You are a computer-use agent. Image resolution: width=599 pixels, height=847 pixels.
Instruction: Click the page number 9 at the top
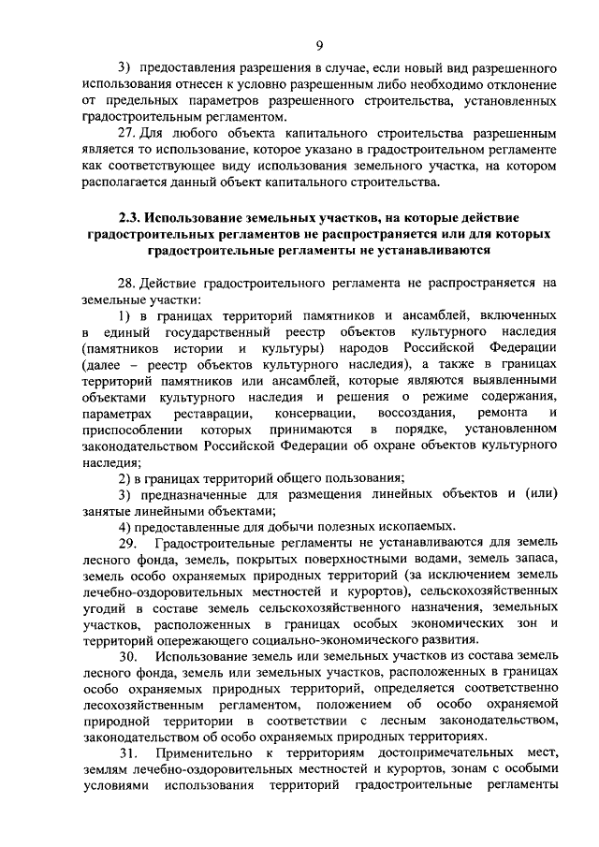(x=319, y=45)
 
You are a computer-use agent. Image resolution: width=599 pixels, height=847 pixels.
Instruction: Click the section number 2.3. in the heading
(x=132, y=217)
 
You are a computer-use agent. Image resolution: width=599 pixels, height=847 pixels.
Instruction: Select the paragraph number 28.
(x=126, y=282)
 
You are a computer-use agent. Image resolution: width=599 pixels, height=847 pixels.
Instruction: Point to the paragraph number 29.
(x=128, y=543)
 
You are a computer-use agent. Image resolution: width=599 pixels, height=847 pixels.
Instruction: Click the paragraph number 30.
(x=128, y=657)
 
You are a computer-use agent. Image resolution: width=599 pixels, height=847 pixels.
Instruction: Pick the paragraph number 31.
(x=128, y=754)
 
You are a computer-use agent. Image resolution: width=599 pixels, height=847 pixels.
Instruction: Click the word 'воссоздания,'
(x=416, y=413)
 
